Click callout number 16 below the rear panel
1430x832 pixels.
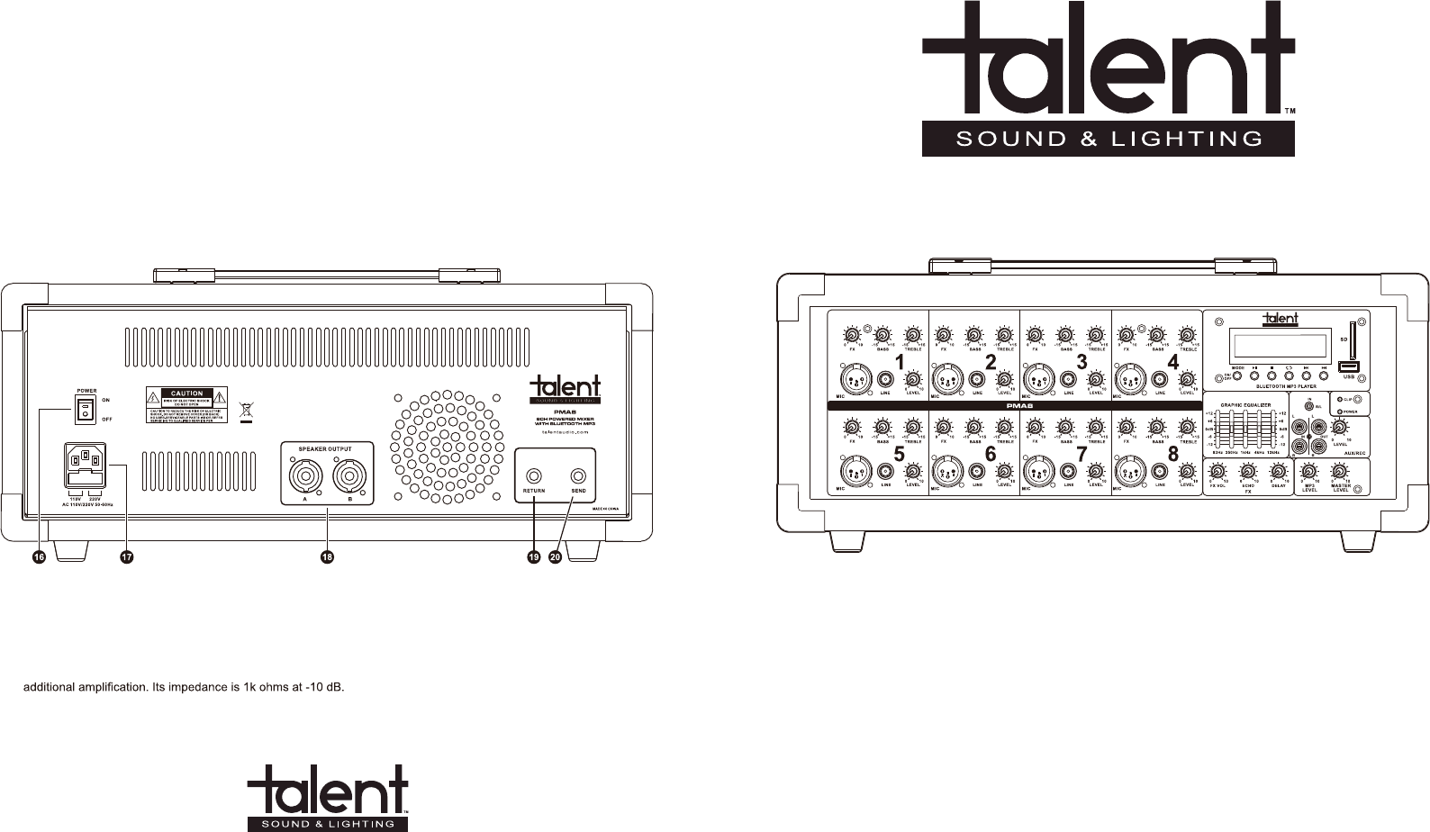point(39,558)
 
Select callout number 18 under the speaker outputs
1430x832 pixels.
point(327,558)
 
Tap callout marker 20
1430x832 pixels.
point(555,558)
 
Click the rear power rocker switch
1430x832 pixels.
point(86,411)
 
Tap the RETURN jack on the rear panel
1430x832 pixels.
point(534,474)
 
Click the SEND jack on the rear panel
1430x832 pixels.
point(578,474)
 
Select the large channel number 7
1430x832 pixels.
point(1082,455)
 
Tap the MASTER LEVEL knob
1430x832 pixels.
point(1339,473)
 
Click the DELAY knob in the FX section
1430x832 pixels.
point(1278,472)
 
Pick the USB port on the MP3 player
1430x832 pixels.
point(1348,367)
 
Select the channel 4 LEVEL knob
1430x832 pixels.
point(1186,377)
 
